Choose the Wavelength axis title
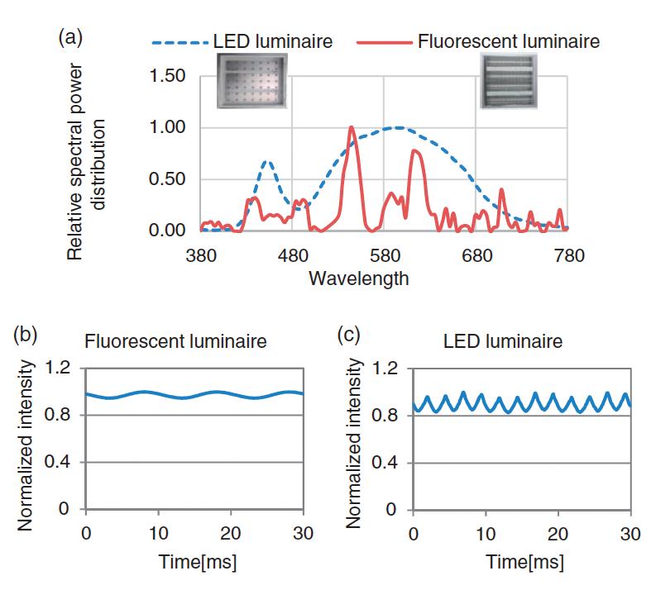pyautogui.click(x=358, y=278)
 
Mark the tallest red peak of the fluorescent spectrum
pyautogui.click(x=352, y=128)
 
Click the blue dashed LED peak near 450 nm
pyautogui.click(x=266, y=162)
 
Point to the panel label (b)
pyautogui.click(x=25, y=335)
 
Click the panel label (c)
pyautogui.click(x=351, y=335)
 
